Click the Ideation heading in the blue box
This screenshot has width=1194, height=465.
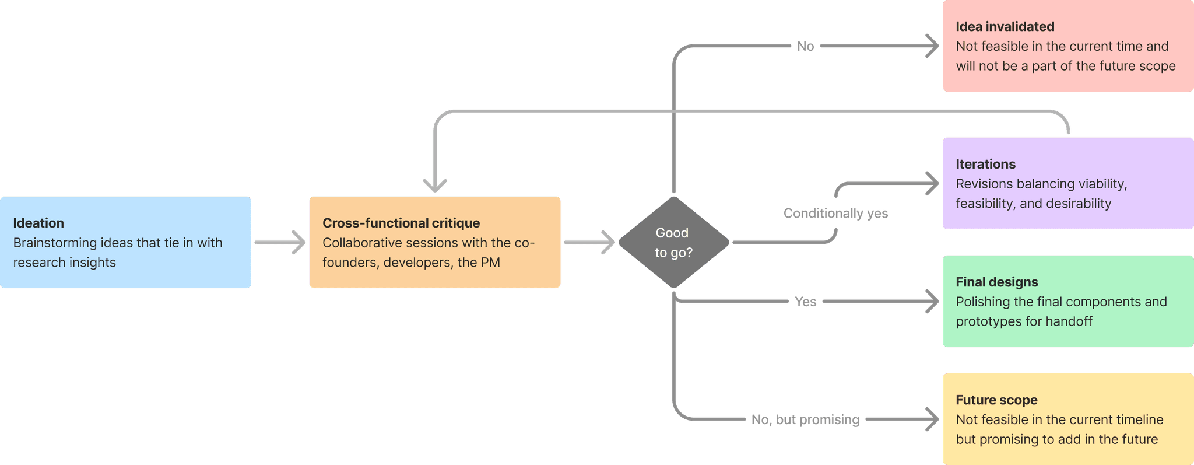click(38, 223)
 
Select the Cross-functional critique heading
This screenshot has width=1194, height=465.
click(401, 223)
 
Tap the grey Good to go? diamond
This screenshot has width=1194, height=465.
click(673, 242)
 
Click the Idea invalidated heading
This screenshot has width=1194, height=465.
click(1005, 26)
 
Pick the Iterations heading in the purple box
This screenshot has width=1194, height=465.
click(985, 164)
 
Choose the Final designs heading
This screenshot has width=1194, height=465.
click(997, 282)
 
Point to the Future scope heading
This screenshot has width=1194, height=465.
click(996, 400)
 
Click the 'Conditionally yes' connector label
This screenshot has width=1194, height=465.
click(835, 213)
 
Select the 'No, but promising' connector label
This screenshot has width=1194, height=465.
click(805, 419)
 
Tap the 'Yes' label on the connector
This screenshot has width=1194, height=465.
click(805, 302)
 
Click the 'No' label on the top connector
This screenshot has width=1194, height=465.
click(805, 46)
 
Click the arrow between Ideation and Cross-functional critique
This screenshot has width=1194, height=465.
click(280, 242)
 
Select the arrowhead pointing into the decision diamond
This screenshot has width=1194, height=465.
click(609, 242)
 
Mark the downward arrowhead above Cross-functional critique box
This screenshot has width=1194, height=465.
click(435, 186)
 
